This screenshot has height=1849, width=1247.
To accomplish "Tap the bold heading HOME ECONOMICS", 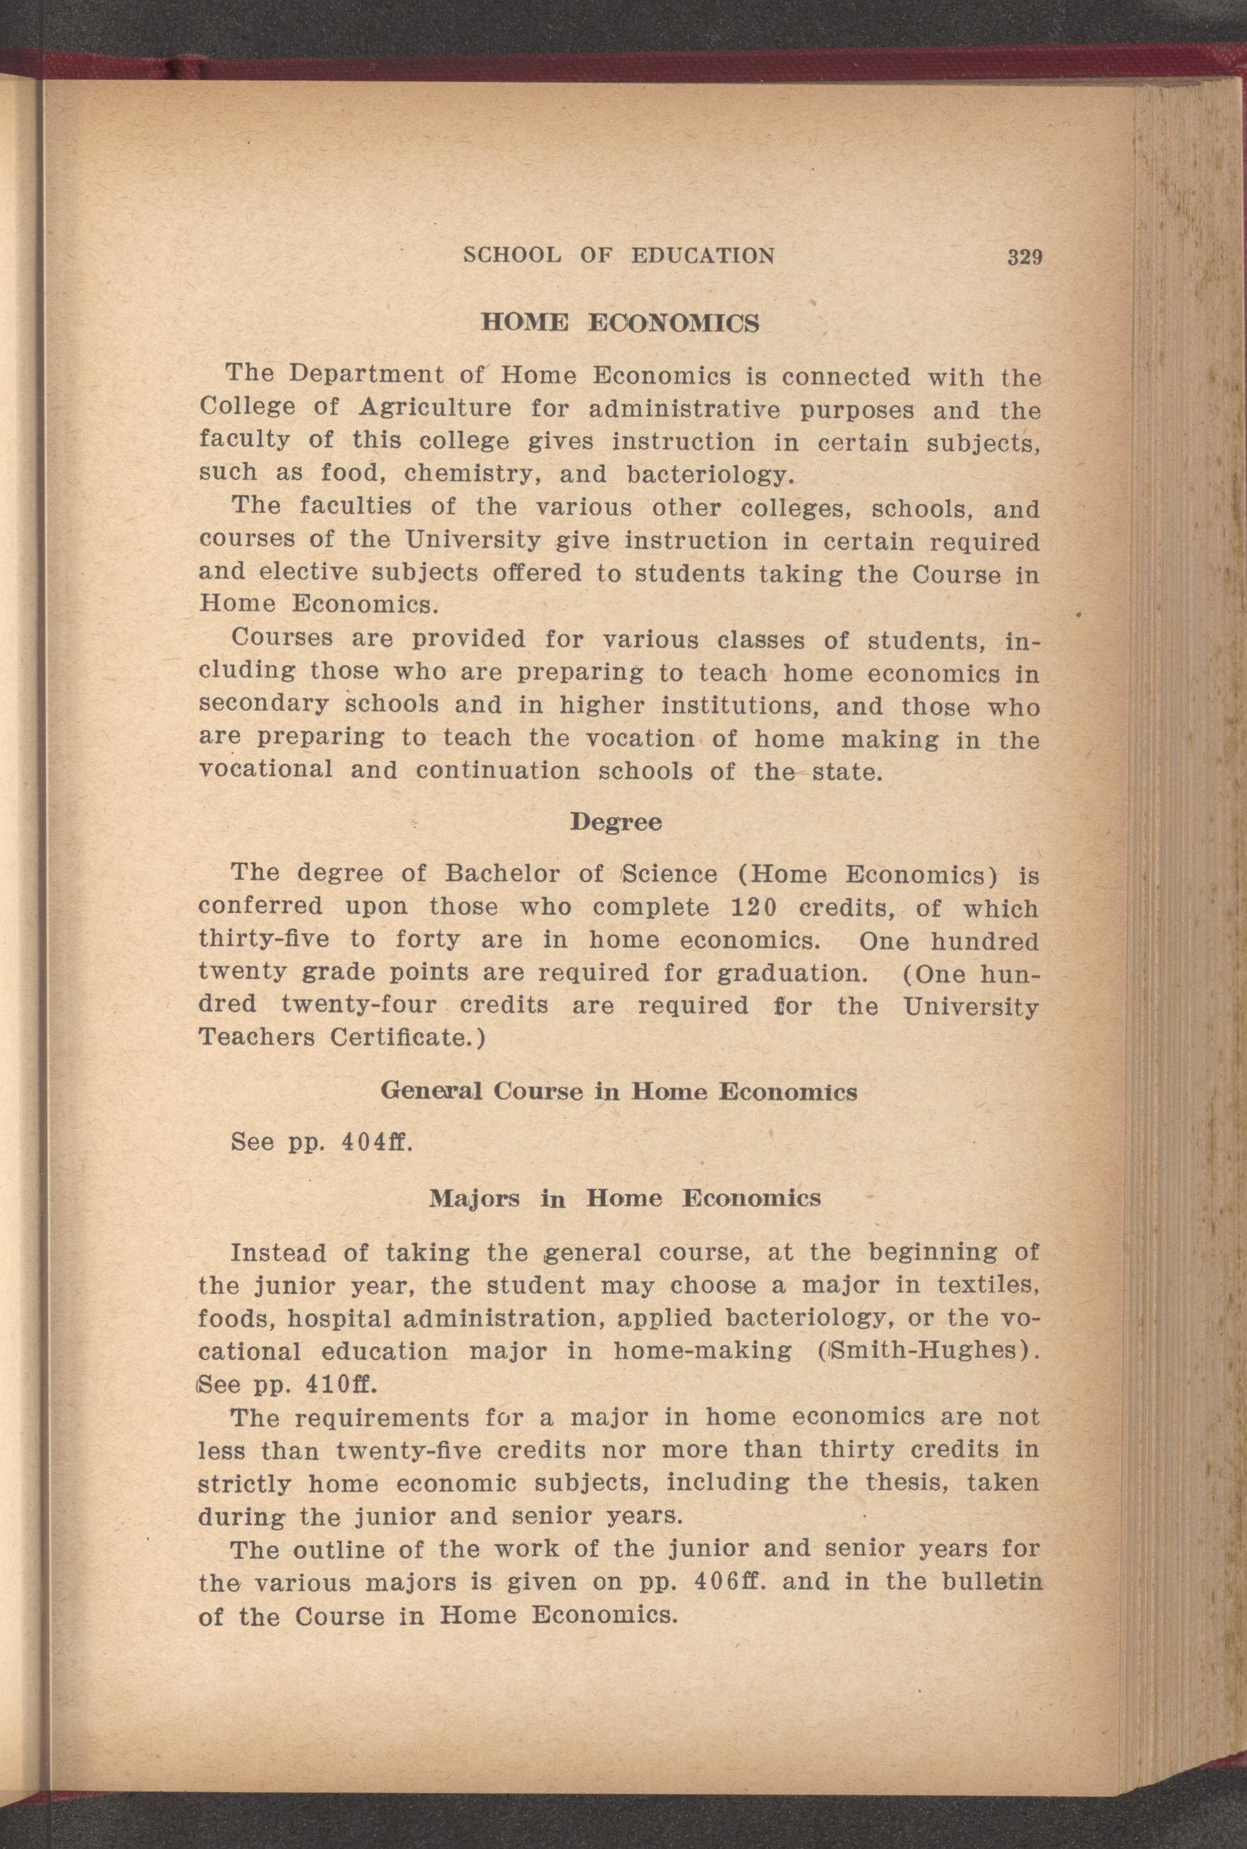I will (x=620, y=323).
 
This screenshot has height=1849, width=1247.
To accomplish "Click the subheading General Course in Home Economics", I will (x=619, y=1091).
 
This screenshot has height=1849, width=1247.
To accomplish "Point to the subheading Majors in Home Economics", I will (x=624, y=1198).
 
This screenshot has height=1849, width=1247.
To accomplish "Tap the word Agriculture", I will (x=435, y=408).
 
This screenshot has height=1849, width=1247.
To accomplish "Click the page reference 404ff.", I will (x=375, y=1142).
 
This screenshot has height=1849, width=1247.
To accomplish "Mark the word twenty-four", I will (x=359, y=1005).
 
